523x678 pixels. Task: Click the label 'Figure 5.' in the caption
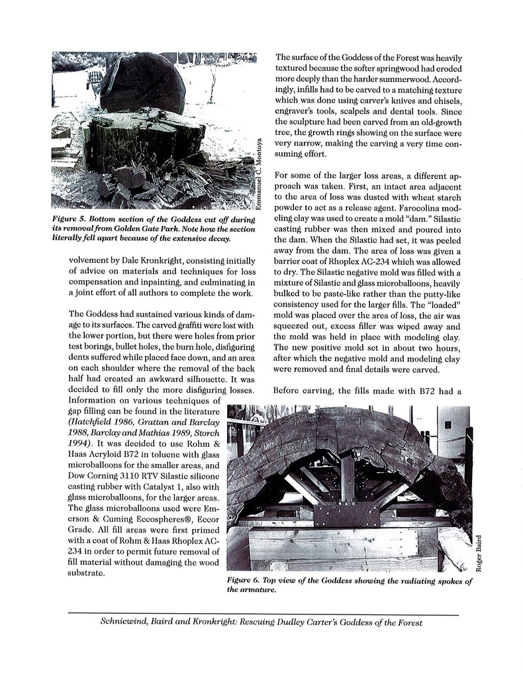[73, 218]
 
